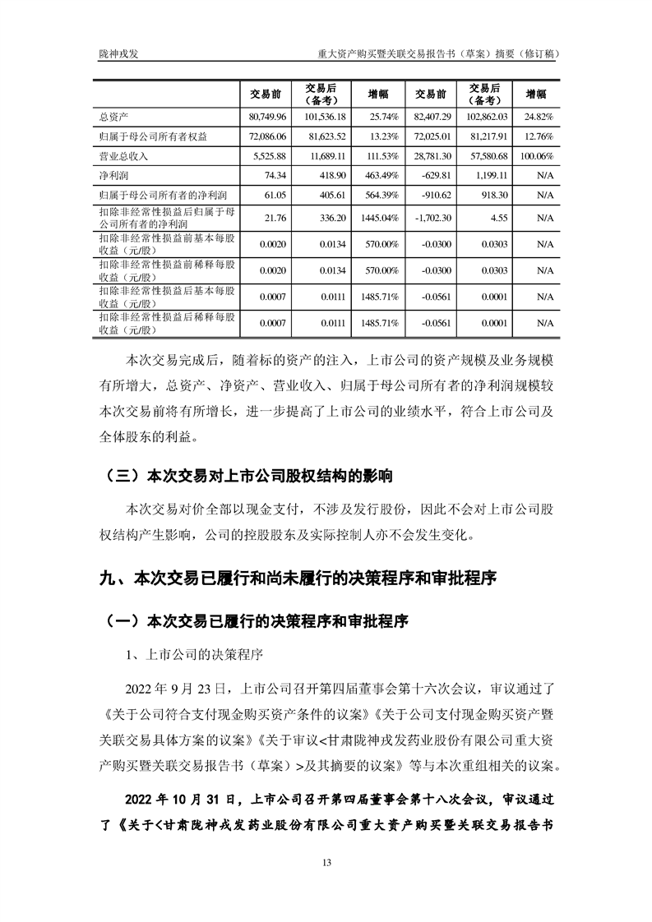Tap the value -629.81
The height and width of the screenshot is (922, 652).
437,175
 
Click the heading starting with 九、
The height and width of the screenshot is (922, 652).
297,578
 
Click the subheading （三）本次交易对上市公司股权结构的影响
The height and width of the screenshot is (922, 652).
245,476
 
